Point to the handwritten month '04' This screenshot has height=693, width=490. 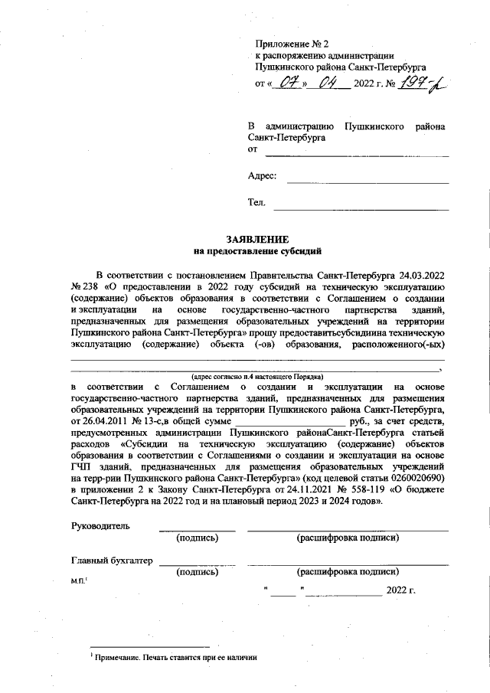330,83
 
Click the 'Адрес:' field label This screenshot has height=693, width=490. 262,175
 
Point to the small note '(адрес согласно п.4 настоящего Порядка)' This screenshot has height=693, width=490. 257,377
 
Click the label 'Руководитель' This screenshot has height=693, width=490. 100,526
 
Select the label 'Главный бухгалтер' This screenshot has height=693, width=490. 112,561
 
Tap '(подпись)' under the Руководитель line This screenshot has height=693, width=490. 197,538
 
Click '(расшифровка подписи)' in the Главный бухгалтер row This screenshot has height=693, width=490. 348,572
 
